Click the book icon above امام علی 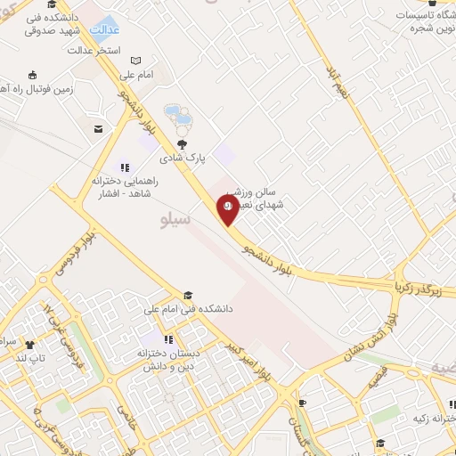134,61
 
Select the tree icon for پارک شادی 183,143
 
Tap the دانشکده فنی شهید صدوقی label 57,23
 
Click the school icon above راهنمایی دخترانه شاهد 125,166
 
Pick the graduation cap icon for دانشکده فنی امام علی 187,295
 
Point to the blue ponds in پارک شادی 179,117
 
